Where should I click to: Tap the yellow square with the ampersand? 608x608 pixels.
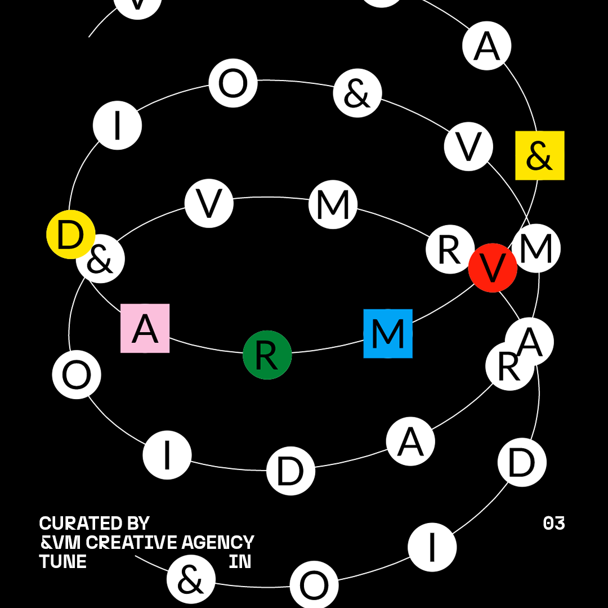pyautogui.click(x=540, y=155)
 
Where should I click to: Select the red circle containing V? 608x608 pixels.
pyautogui.click(x=493, y=268)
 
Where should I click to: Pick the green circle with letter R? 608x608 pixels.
pyautogui.click(x=267, y=355)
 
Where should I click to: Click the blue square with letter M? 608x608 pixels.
pyautogui.click(x=388, y=333)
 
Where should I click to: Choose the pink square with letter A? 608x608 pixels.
pyautogui.click(x=145, y=328)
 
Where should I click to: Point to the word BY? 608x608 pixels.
pyautogui.click(x=138, y=524)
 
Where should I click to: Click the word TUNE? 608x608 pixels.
pyautogui.click(x=62, y=562)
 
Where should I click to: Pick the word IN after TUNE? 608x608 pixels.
pyautogui.click(x=240, y=562)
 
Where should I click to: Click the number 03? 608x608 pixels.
pyautogui.click(x=554, y=524)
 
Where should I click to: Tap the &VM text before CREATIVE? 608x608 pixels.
pyautogui.click(x=60, y=543)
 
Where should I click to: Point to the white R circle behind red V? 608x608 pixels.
pyautogui.click(x=449, y=249)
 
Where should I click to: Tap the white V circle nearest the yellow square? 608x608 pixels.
pyautogui.click(x=468, y=146)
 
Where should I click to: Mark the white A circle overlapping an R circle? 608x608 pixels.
pyautogui.click(x=531, y=340)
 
